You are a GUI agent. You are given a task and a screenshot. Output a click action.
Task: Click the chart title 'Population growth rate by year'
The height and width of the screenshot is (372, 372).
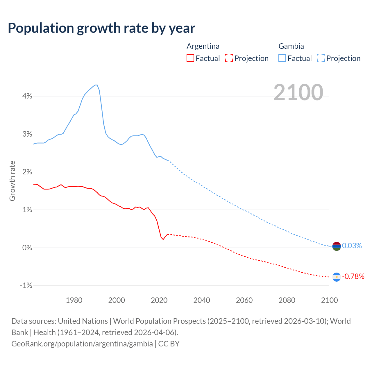(101, 28)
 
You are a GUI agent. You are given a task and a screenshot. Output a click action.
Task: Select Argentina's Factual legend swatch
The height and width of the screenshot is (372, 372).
(190, 58)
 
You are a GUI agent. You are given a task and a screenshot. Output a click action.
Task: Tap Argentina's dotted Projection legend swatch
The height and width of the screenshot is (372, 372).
(229, 58)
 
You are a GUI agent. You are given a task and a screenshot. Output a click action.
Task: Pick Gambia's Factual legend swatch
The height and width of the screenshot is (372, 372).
(282, 58)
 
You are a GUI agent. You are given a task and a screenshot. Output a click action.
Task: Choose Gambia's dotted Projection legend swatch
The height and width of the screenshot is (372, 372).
(321, 58)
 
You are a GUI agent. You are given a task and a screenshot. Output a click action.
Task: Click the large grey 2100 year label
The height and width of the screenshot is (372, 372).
(298, 92)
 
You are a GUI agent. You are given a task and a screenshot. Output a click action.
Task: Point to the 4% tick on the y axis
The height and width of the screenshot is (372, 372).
(27, 96)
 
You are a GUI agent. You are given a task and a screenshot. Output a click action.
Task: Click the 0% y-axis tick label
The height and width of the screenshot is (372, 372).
(27, 248)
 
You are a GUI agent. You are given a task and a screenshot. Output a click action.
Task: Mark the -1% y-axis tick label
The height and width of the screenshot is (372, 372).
(26, 285)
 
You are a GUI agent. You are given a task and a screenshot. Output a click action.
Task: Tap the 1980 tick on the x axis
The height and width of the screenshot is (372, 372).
(74, 300)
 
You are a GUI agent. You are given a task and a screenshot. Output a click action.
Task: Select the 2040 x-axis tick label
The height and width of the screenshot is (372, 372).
(202, 300)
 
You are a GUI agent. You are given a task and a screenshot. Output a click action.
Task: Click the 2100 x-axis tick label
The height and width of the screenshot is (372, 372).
(329, 300)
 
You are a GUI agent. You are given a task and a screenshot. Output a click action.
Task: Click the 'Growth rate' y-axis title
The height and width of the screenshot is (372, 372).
(12, 181)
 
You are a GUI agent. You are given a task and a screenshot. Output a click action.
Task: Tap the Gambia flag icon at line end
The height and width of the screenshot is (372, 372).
(336, 246)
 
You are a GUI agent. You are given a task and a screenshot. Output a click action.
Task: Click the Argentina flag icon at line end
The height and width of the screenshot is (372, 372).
(336, 277)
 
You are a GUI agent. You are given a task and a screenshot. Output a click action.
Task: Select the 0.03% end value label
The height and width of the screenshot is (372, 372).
(352, 246)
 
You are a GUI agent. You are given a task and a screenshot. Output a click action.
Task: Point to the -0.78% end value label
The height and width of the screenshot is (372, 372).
(353, 276)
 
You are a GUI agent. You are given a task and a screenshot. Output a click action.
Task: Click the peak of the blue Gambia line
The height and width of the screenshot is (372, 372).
(96, 85)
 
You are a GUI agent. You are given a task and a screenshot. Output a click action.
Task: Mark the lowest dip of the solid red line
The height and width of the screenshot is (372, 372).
(163, 239)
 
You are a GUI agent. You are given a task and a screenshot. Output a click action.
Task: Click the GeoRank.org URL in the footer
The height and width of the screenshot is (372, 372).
(82, 344)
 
